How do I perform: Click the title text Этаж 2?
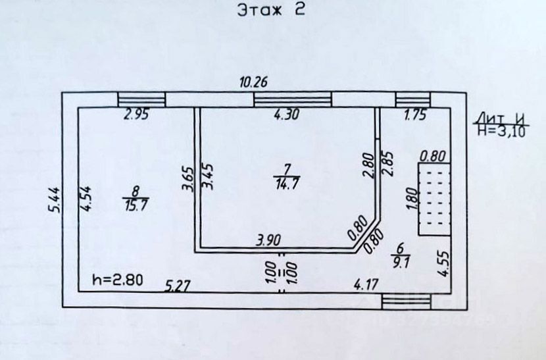click(x=271, y=11)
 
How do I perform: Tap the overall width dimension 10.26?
click(x=253, y=83)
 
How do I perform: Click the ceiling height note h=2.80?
click(x=117, y=279)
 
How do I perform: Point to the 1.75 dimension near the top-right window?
click(x=415, y=115)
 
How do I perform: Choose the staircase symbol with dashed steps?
click(x=434, y=198)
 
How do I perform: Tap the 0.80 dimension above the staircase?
click(x=433, y=156)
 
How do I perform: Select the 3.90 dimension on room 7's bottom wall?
click(x=269, y=242)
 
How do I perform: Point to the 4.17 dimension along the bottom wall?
click(x=366, y=285)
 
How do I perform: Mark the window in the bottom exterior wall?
click(x=407, y=301)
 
